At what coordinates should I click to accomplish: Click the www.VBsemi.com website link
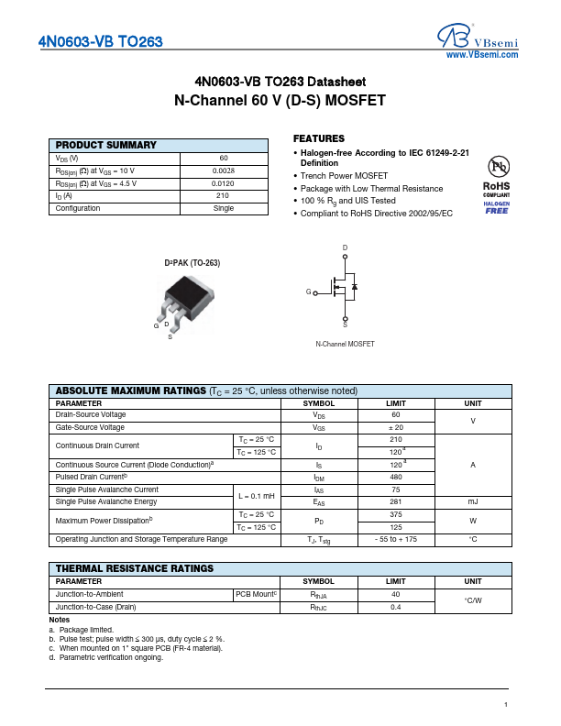point(481,55)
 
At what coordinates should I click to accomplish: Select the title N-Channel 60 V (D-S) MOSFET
point(280,100)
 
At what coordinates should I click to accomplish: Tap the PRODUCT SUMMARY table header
point(106,145)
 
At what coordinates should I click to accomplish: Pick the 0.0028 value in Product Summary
point(223,170)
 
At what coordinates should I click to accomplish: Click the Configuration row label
point(78,208)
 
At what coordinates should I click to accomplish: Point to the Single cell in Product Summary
point(223,208)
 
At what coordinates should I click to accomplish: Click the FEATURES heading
point(319,138)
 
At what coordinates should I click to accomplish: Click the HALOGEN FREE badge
point(497,207)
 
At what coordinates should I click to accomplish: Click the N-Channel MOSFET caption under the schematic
point(345,344)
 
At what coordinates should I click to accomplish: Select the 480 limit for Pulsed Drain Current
point(396,478)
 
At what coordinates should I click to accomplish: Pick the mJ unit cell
point(473,501)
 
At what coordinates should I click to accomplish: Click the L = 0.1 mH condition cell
point(257,496)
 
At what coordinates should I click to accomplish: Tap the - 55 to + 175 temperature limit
point(396,540)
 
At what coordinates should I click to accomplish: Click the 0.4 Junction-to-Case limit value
point(396,607)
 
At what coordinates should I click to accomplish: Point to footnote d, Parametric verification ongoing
point(106,657)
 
